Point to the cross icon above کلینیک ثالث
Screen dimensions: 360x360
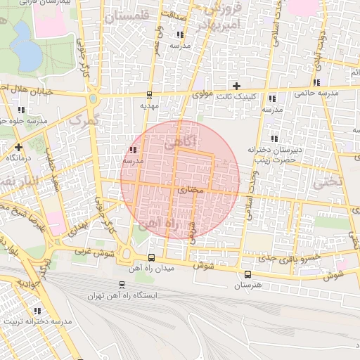point(236,86)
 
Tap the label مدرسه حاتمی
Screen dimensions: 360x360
point(316,92)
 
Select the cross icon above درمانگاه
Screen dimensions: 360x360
point(18,147)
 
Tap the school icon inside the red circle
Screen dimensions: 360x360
point(133,150)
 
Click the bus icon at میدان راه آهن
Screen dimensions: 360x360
point(152,257)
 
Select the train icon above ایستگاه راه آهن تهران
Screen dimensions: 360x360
point(122,285)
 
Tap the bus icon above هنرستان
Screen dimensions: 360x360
point(247,274)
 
